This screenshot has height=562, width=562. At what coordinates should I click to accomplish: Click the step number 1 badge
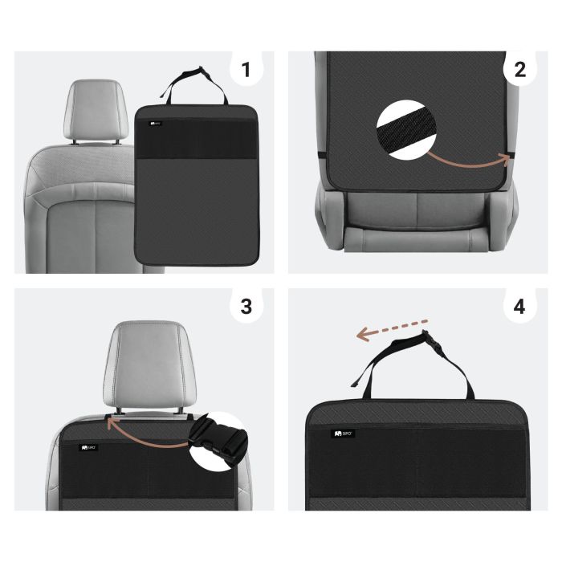coord(246,70)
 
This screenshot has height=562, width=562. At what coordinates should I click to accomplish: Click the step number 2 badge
coord(520,70)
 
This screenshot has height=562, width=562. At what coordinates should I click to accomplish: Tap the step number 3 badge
coord(246,307)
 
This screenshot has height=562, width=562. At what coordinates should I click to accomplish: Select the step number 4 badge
coord(520,307)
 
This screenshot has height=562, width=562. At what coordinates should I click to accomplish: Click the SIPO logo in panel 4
coord(344,434)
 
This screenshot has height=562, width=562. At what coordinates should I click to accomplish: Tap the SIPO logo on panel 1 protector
coord(155,124)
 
